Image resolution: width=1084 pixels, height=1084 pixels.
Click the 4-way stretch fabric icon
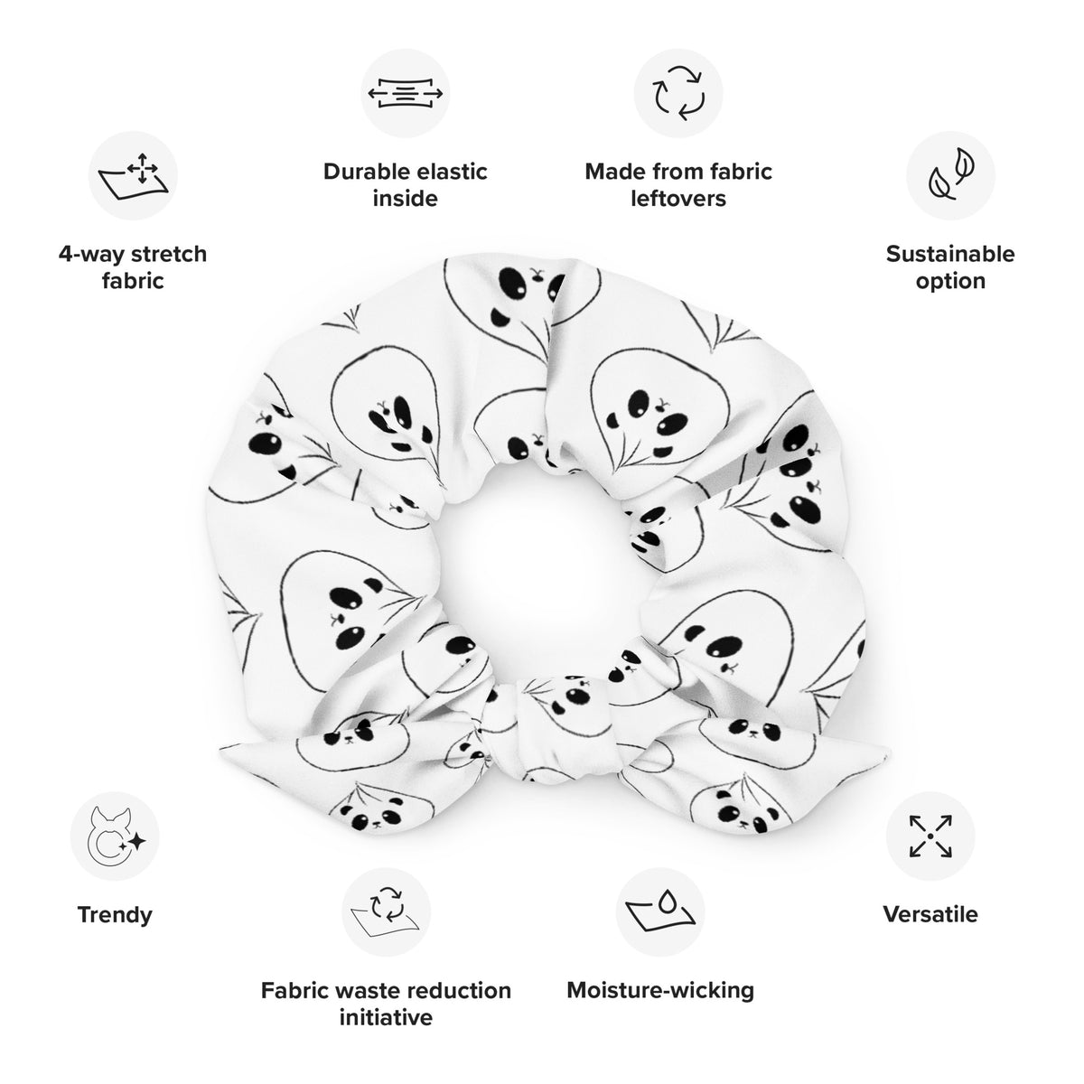tap(134, 175)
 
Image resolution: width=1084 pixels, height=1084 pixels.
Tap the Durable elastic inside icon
tap(405, 93)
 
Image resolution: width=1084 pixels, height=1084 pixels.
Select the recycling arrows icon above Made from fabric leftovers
tap(677, 93)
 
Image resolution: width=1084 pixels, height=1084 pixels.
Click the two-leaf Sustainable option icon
tap(950, 175)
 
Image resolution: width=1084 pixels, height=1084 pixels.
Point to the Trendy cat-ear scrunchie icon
tap(115, 836)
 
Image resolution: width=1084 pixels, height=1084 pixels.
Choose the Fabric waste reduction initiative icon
tap(386, 911)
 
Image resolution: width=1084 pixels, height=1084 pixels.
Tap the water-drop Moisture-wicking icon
tap(659, 911)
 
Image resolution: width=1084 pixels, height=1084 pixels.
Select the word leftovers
tap(678, 199)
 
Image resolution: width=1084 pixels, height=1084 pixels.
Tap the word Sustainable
tap(950, 254)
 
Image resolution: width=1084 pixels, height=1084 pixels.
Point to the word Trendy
tap(115, 915)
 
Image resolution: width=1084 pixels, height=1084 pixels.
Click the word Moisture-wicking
tap(660, 991)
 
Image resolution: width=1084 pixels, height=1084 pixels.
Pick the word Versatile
tap(930, 915)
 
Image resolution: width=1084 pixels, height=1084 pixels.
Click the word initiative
tap(386, 1018)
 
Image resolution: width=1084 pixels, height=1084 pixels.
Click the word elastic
tap(453, 172)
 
